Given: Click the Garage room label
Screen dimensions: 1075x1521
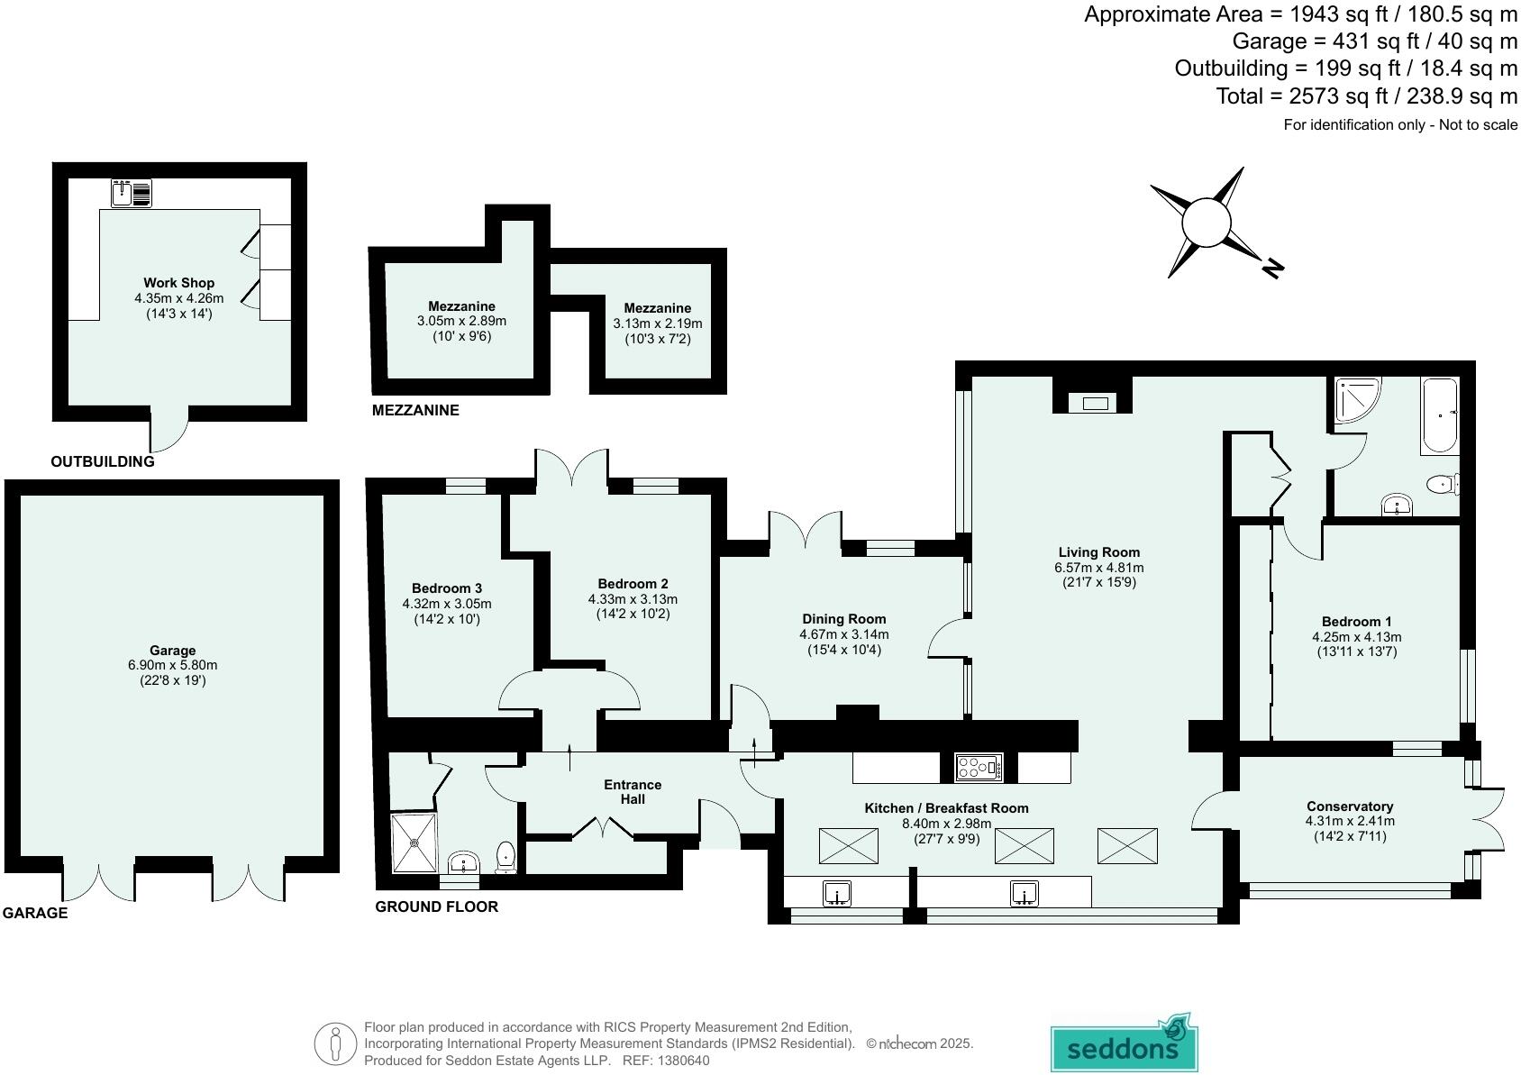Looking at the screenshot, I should (172, 650).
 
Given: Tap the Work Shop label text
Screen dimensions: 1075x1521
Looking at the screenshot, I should (179, 283).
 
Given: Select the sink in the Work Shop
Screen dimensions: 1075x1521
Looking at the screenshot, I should (132, 193).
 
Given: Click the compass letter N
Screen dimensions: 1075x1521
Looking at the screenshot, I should (1272, 268).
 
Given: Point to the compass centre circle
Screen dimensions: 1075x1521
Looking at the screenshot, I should (1206, 223).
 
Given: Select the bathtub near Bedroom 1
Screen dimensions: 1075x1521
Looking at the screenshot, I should (1439, 415).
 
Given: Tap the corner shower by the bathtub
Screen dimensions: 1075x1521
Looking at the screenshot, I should (1356, 399).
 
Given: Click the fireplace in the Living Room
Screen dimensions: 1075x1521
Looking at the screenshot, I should (1094, 403).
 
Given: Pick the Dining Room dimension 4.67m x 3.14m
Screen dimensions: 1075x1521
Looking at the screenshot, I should (843, 634).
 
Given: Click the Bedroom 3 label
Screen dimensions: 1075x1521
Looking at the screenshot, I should (447, 588).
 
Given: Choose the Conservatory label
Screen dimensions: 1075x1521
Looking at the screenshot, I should (1349, 806).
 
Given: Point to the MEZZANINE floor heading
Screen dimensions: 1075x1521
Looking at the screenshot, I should (415, 411).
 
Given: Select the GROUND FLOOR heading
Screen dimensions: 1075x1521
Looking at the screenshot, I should (436, 906).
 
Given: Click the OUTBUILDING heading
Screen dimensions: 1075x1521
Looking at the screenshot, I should (102, 462).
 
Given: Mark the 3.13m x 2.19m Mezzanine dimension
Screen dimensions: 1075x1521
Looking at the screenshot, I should (658, 323).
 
